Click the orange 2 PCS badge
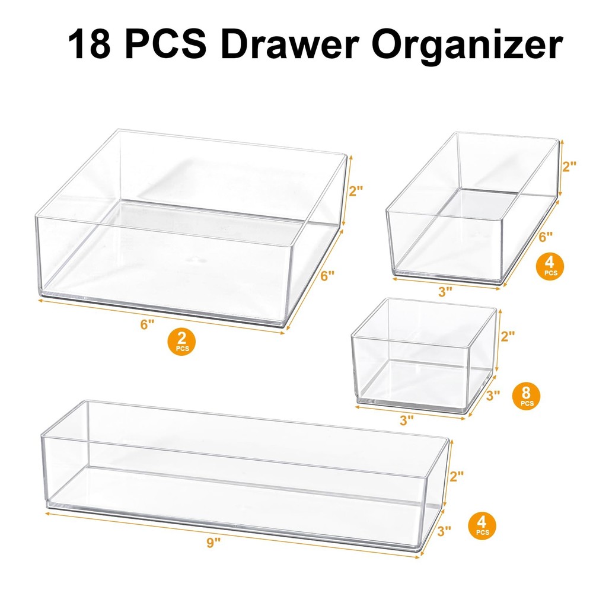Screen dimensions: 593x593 click(x=182, y=342)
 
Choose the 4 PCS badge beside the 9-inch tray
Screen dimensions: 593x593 click(x=482, y=525)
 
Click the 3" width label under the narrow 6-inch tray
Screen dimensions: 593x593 click(x=445, y=291)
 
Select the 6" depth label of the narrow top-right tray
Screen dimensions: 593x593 click(x=545, y=236)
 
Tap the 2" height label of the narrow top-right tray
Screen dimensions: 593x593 click(x=570, y=166)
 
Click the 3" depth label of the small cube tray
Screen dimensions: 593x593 click(x=492, y=394)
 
